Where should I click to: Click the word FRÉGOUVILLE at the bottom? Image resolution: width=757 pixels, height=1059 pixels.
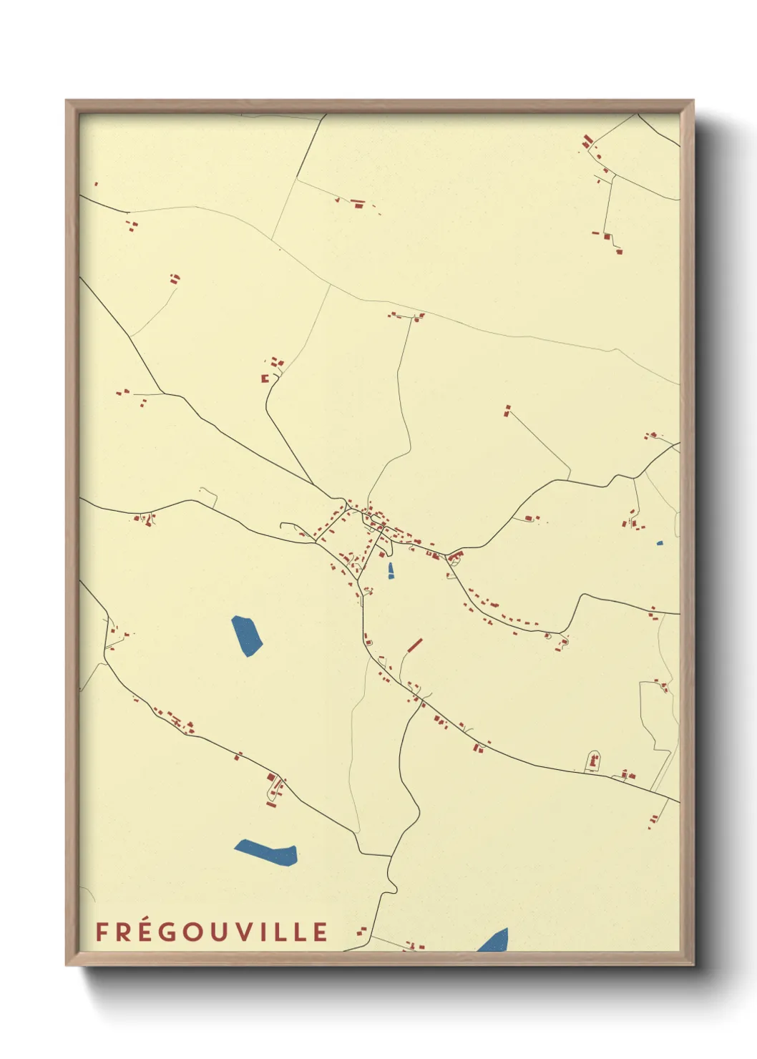pos(212,932)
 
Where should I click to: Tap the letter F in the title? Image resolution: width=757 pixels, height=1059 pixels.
pos(102,932)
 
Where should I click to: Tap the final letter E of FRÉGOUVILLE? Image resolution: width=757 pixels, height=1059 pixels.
pos(321,932)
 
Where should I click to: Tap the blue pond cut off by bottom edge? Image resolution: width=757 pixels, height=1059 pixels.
pos(494,941)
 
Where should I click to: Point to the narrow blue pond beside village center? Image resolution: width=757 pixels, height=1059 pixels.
pos(390,570)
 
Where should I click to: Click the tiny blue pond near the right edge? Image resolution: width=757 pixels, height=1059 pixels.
pos(659,543)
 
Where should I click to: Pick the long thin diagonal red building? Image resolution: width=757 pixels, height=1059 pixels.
pos(414,645)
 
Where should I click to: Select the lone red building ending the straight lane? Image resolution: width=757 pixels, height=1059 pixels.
pos(508,411)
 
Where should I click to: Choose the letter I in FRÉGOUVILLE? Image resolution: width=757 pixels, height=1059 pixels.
pos(261,932)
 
